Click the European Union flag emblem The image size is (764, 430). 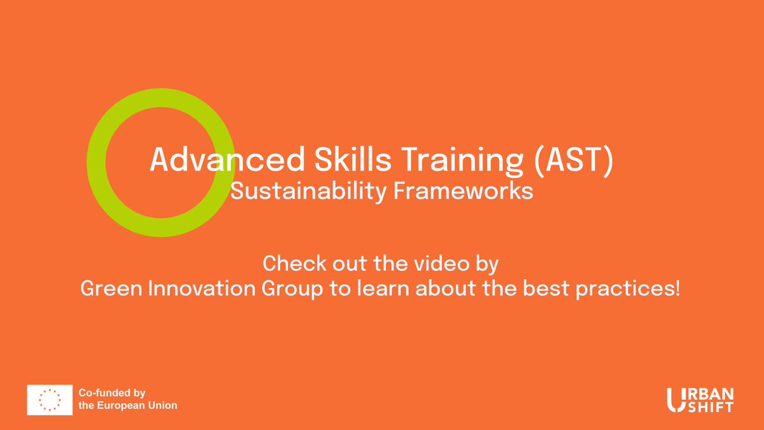point(48,399)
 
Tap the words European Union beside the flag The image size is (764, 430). point(137,406)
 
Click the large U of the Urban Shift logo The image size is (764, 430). point(676,399)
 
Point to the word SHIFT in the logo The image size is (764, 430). point(710,406)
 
